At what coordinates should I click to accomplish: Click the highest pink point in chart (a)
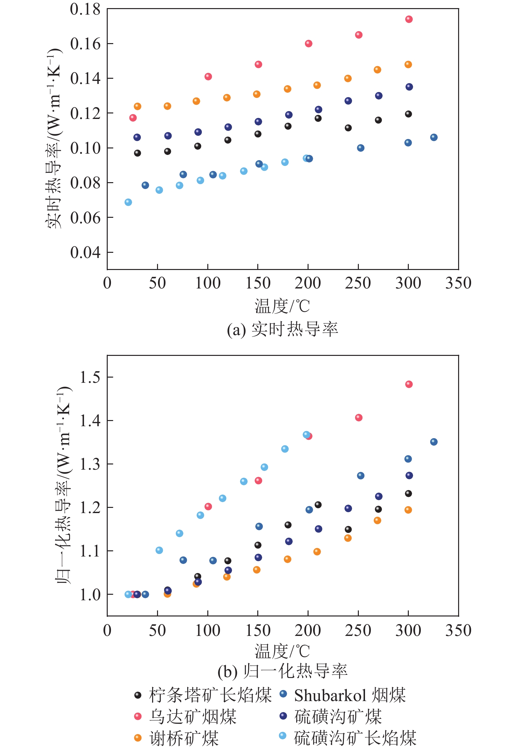409,19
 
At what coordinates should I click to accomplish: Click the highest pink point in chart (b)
409,384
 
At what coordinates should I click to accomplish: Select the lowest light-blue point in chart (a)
128,202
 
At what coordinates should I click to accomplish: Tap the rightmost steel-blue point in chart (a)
434,137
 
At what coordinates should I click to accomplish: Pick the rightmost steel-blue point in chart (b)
434,442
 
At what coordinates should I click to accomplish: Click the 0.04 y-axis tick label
85,252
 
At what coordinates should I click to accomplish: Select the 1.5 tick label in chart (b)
90,377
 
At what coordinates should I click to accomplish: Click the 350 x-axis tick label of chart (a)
458,283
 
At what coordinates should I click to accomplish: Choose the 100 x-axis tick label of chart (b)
208,630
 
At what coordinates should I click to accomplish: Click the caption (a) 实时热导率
282,330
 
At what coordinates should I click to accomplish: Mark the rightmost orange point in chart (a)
408,64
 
